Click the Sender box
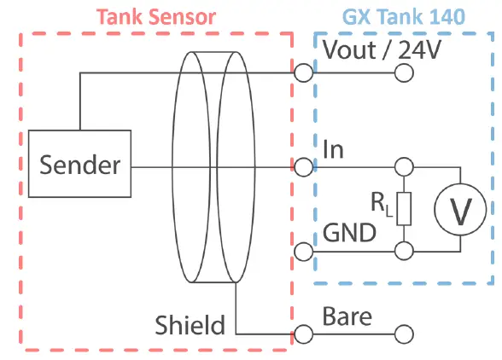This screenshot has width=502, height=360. click(79, 165)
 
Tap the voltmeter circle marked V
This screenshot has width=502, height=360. click(461, 208)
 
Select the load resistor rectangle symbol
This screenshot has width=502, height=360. click(404, 208)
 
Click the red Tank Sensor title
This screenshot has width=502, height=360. click(155, 16)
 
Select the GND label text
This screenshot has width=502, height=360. click(349, 233)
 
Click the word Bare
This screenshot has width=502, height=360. click(347, 316)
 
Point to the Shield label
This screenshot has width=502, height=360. click(190, 324)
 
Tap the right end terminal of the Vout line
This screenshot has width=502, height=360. click(404, 73)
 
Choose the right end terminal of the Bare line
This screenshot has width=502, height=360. click(404, 334)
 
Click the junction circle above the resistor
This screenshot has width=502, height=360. click(404, 165)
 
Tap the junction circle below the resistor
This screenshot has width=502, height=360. click(404, 252)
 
